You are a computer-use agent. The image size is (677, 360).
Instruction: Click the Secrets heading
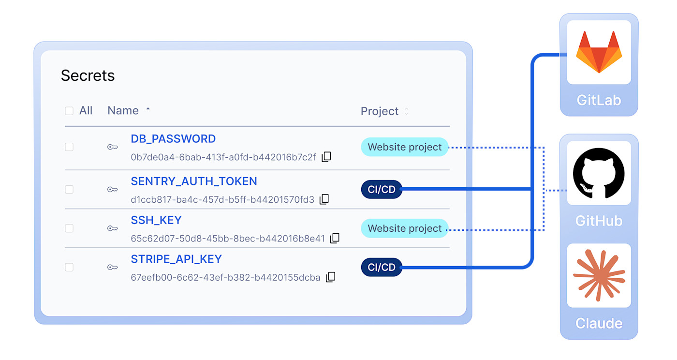point(88,75)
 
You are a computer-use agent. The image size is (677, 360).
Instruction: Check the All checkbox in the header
point(69,111)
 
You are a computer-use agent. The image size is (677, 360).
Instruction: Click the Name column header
point(123,110)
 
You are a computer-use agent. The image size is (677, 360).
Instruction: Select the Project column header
point(380,111)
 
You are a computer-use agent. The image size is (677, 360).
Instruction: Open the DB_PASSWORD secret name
point(173,139)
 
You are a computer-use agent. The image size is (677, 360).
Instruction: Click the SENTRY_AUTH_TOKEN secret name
point(194,181)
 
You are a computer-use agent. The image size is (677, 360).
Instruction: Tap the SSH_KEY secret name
point(156,220)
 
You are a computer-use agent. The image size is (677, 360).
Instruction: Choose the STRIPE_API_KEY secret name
point(177,259)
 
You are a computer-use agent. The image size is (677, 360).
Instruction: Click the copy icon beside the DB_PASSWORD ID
point(326,157)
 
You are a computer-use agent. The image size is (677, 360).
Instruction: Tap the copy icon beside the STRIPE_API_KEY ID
point(331,277)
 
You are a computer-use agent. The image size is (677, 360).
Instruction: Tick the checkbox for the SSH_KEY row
point(69,228)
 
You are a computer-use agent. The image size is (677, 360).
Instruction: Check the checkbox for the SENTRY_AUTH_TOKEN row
point(69,189)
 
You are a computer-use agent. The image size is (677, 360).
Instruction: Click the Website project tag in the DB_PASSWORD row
point(405,147)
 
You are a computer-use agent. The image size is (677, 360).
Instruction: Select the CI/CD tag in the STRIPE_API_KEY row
point(382,267)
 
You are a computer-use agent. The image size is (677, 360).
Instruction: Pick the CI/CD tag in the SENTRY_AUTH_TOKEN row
point(382,189)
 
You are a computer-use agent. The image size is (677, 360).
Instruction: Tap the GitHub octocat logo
point(599,173)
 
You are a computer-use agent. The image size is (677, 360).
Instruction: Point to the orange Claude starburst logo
point(599,275)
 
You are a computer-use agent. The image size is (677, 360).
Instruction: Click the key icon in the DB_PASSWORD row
point(112,147)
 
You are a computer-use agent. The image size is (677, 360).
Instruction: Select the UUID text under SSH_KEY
point(228,239)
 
